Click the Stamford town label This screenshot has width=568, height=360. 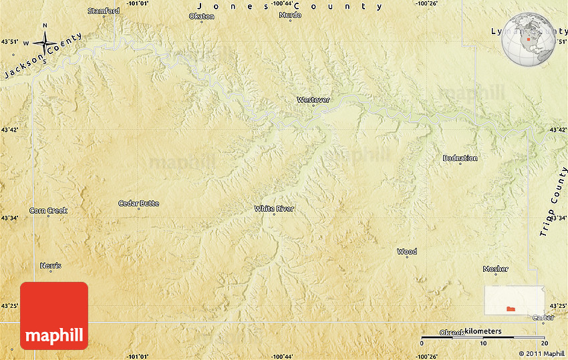pyautogui.click(x=104, y=11)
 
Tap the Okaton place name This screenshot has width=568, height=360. pyautogui.click(x=202, y=16)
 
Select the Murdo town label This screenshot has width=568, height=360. pyautogui.click(x=290, y=15)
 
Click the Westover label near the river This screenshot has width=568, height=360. pyautogui.click(x=313, y=100)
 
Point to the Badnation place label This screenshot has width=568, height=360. pyautogui.click(x=460, y=158)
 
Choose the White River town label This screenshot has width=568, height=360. pyautogui.click(x=274, y=209)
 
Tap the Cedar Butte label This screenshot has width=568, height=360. pyautogui.click(x=138, y=203)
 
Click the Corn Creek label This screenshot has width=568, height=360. pyautogui.click(x=48, y=210)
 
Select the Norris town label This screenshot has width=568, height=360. pyautogui.click(x=51, y=266)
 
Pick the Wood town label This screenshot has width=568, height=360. pyautogui.click(x=407, y=252)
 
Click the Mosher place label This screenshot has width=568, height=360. pyautogui.click(x=495, y=269)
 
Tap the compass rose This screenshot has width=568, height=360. pyautogui.click(x=45, y=43)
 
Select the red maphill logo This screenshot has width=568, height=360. pyautogui.click(x=54, y=315)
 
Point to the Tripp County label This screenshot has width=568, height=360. pyautogui.click(x=553, y=207)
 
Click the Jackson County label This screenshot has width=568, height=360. pyautogui.click(x=41, y=56)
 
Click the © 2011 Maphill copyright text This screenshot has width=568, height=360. pyautogui.click(x=541, y=353)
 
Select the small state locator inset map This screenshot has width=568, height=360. pyautogui.click(x=514, y=301)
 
